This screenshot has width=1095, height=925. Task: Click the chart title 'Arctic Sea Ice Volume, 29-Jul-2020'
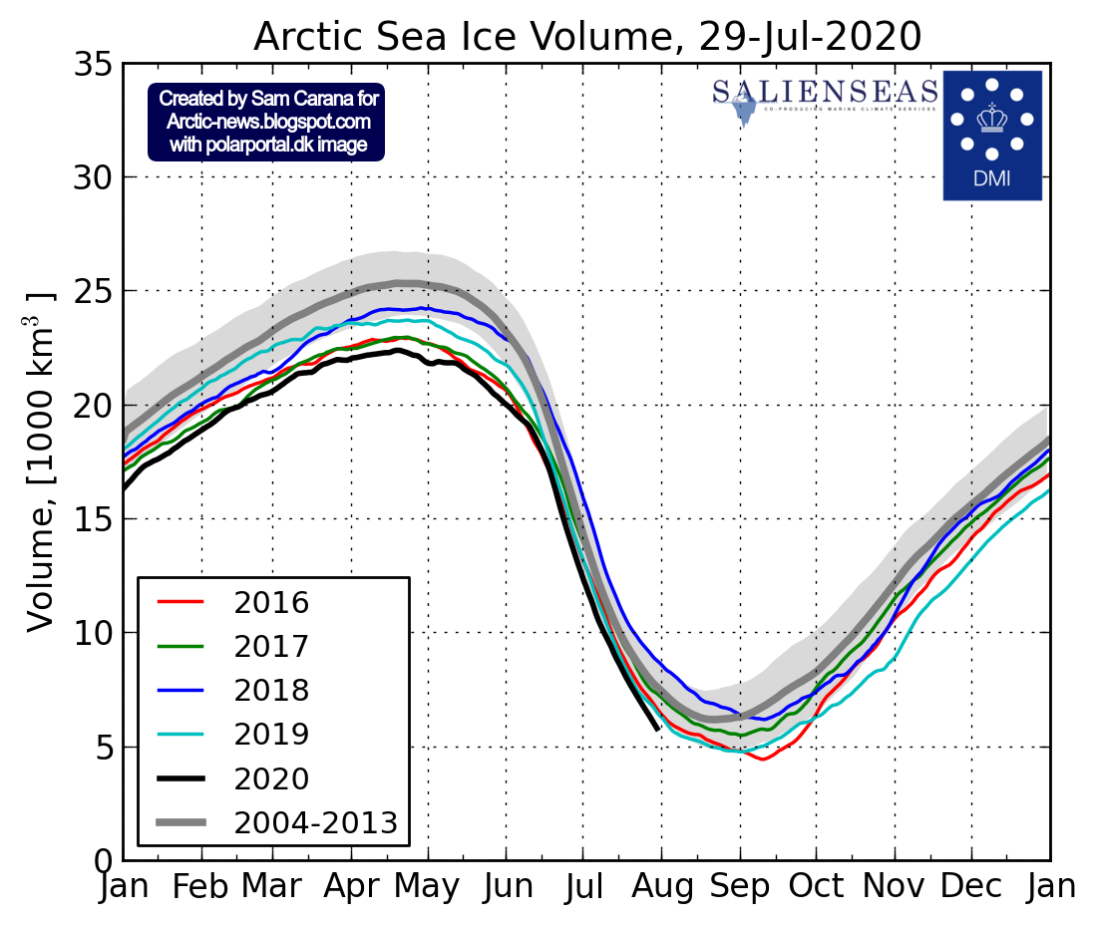[x=586, y=36]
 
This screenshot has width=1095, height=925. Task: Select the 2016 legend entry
[x=271, y=603]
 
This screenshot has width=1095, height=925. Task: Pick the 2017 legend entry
[x=271, y=647]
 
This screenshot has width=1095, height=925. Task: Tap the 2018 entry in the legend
[x=271, y=691]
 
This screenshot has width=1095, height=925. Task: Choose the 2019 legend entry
[x=271, y=735]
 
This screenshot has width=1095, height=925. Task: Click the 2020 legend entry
[x=271, y=778]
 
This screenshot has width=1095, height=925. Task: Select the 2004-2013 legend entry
[x=315, y=822]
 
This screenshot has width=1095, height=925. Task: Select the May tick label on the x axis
[x=429, y=886]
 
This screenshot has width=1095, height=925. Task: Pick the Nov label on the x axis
[x=895, y=886]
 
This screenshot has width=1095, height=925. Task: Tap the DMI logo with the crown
[x=991, y=135]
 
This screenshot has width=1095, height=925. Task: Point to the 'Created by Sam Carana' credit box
[x=266, y=122]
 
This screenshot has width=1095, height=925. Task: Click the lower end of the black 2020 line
[x=657, y=729]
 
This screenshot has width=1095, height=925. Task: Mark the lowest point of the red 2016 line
[x=763, y=760]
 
